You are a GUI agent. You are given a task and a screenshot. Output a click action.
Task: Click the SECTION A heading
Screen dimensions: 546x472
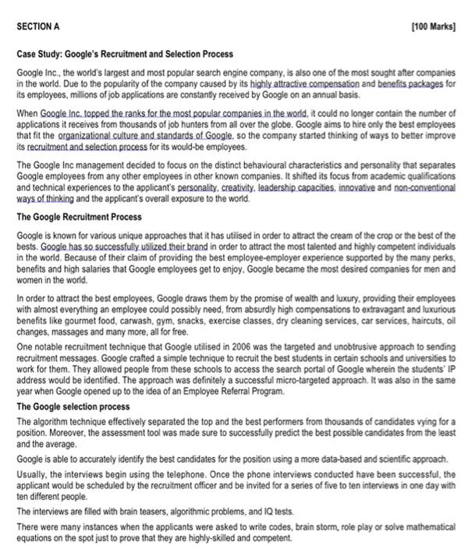pyautogui.click(x=38, y=25)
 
